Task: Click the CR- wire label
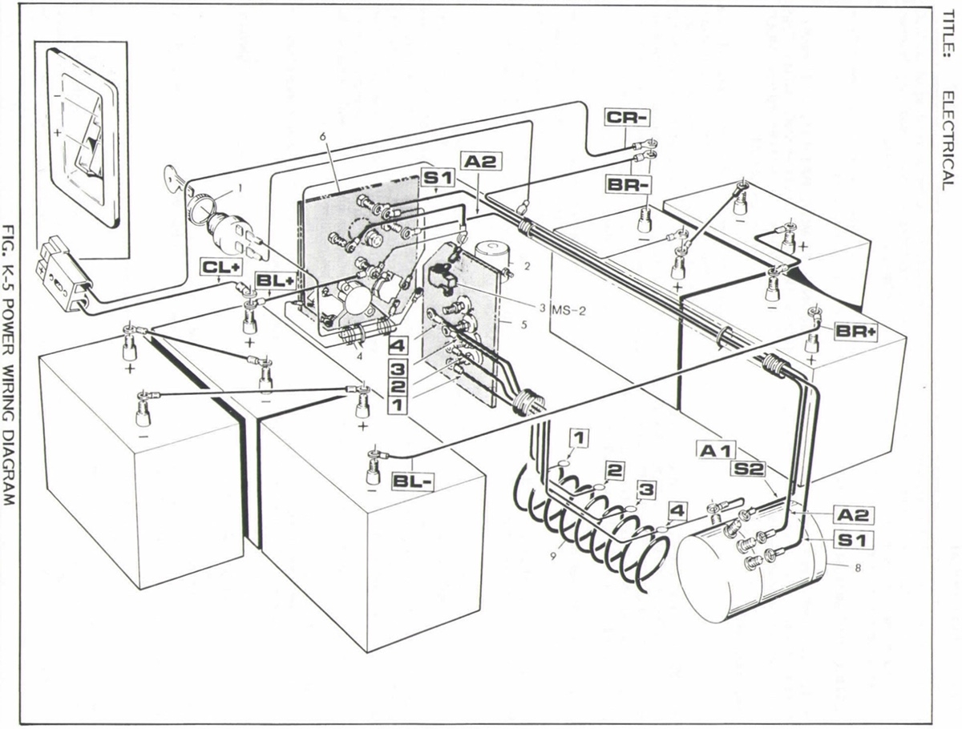tap(627, 117)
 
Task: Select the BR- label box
tap(627, 185)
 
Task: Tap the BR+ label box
tap(854, 331)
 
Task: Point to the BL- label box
tap(414, 481)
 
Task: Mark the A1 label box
tap(716, 452)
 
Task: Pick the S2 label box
tap(750, 469)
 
